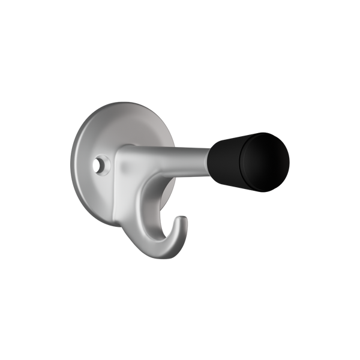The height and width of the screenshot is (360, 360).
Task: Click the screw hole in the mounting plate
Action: tap(98, 163)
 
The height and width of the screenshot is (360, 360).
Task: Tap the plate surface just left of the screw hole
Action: tap(88, 163)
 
